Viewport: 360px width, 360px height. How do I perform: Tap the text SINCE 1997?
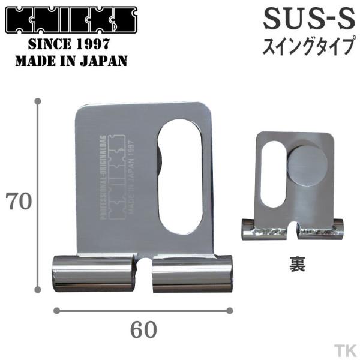click(x=71, y=46)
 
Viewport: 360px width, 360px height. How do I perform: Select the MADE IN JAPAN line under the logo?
click(x=71, y=61)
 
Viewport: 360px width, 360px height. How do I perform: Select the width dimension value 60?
click(x=143, y=329)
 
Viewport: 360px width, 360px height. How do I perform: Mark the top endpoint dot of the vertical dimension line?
click(x=40, y=103)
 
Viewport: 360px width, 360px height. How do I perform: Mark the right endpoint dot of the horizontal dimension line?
click(x=229, y=310)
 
